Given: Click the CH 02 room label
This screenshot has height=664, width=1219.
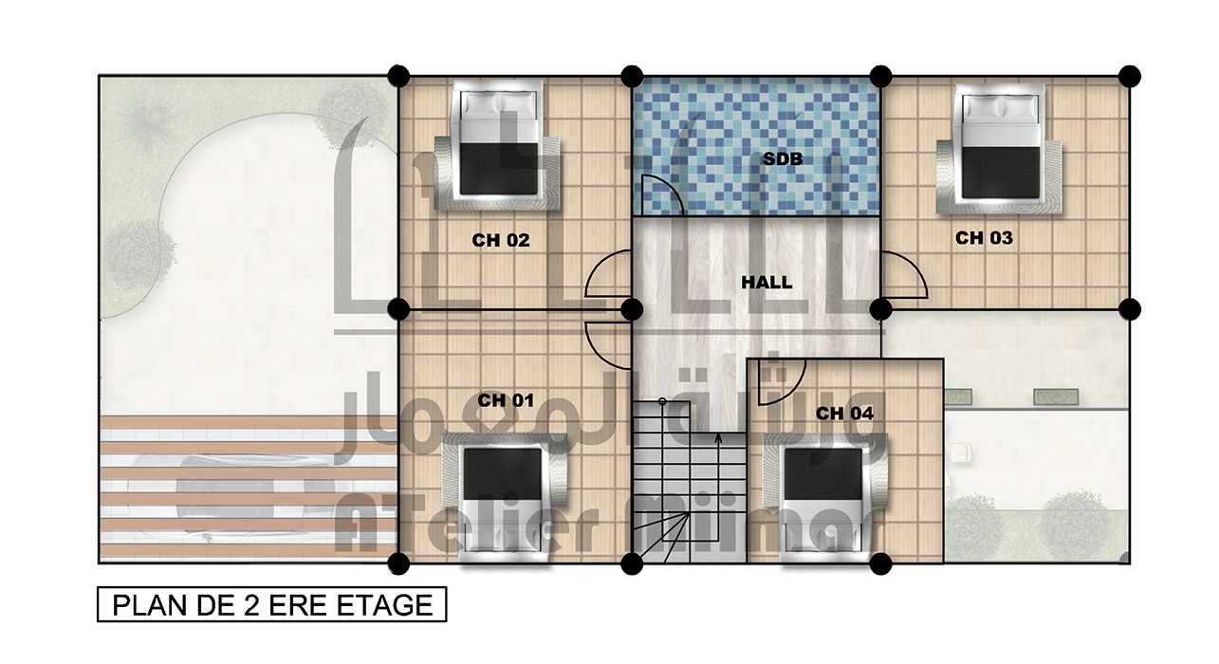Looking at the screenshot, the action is point(501,240).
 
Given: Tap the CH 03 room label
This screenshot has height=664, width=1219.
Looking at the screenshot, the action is point(984,238).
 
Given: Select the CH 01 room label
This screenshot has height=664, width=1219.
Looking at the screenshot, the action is point(506,400).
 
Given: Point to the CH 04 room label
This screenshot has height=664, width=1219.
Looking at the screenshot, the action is point(844,414).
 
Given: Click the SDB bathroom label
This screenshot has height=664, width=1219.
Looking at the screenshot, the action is point(783,159).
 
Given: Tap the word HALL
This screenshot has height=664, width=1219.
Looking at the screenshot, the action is point(766,283).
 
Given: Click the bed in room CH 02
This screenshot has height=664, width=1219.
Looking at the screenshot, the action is point(497,145).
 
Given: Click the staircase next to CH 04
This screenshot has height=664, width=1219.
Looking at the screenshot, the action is point(689,482).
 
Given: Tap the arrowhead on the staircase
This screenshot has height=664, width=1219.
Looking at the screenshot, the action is point(718,437).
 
